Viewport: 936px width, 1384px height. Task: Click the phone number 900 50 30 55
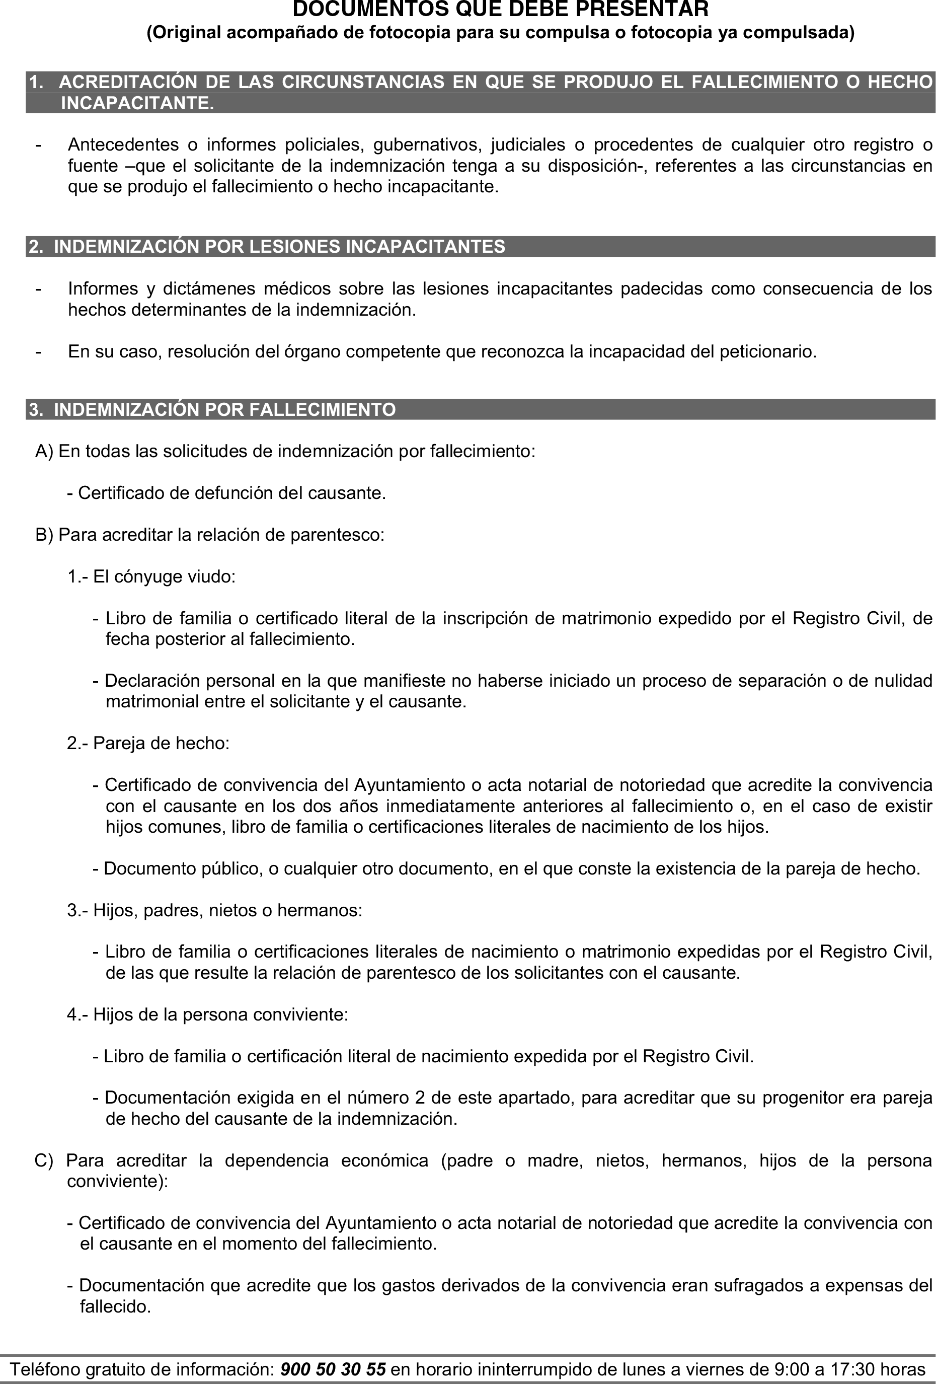coord(332,1369)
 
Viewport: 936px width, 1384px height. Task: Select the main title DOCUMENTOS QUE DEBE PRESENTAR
coord(500,10)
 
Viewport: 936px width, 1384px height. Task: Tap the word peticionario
coord(767,352)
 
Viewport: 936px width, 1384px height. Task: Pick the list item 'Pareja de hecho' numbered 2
coord(148,743)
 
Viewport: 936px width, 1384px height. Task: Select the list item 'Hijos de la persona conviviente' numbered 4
coord(207,1015)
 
